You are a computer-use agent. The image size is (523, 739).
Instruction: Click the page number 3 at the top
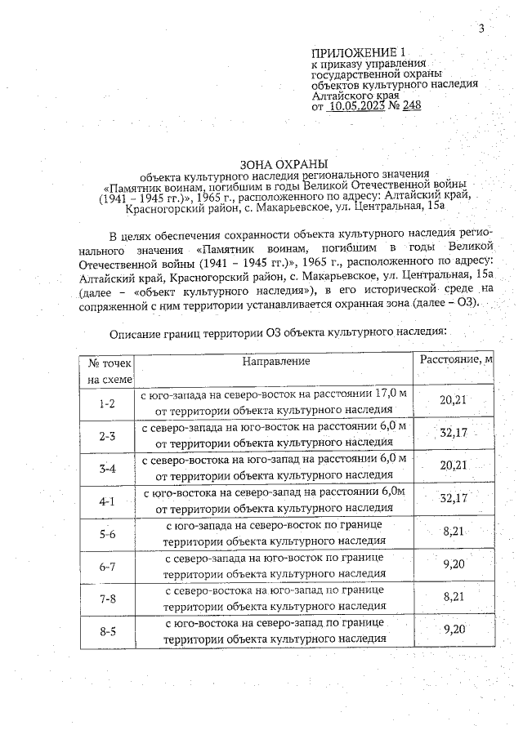(482, 29)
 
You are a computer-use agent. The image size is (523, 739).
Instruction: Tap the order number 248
(411, 105)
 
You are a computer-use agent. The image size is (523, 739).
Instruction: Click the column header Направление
(275, 360)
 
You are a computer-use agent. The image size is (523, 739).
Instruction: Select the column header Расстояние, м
(456, 360)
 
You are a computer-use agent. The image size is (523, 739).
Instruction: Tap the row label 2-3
(107, 436)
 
